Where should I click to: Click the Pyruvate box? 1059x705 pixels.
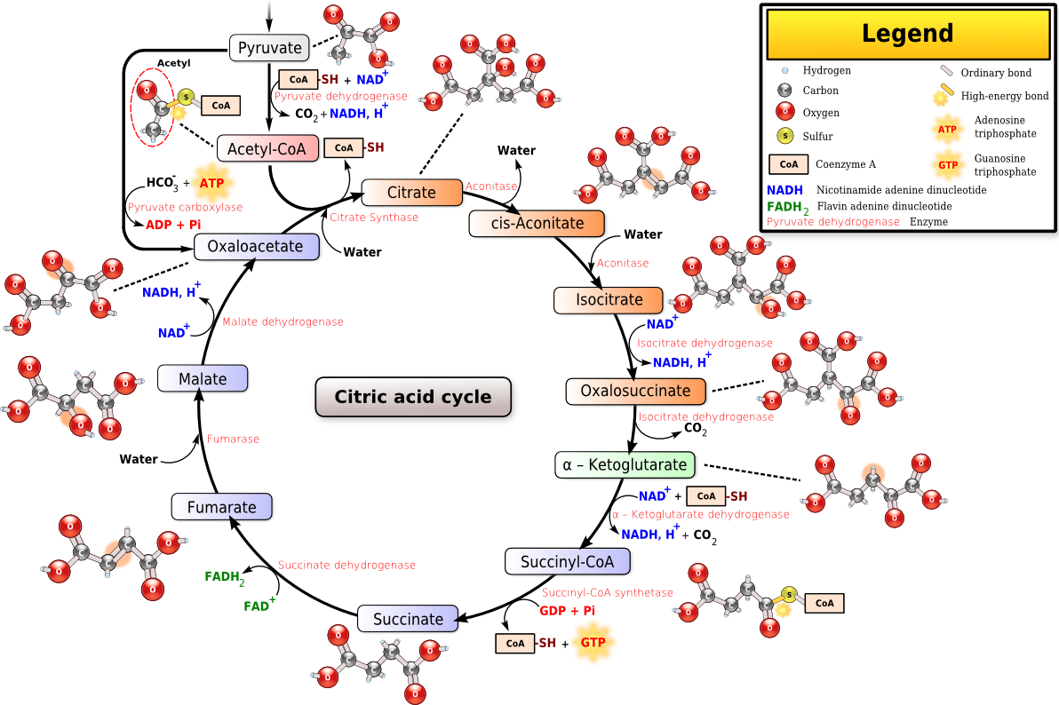click(x=270, y=47)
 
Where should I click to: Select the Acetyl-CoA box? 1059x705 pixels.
click(x=267, y=148)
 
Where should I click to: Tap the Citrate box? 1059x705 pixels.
click(x=411, y=193)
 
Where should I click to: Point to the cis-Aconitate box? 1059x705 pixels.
click(x=537, y=223)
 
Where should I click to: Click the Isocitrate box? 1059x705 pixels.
click(x=609, y=300)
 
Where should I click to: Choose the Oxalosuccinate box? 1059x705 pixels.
click(x=635, y=391)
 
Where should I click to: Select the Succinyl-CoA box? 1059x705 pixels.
click(x=567, y=561)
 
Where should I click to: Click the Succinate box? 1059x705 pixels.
click(x=408, y=619)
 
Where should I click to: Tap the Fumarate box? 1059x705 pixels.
click(x=221, y=508)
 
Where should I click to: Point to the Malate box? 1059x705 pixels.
click(x=203, y=379)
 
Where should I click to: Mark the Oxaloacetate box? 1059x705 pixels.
click(x=255, y=247)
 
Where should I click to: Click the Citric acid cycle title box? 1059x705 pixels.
click(x=413, y=396)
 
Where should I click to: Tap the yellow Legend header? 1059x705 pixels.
click(x=907, y=35)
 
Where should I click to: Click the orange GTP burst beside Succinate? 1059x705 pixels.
click(x=593, y=642)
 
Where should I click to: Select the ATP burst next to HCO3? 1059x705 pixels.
click(x=211, y=183)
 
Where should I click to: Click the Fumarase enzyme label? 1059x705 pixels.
click(x=233, y=439)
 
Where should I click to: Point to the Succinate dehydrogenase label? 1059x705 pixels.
click(x=346, y=565)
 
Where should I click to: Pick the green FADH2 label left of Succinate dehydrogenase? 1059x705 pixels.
click(x=224, y=577)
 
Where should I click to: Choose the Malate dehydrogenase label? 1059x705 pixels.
click(x=283, y=321)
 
